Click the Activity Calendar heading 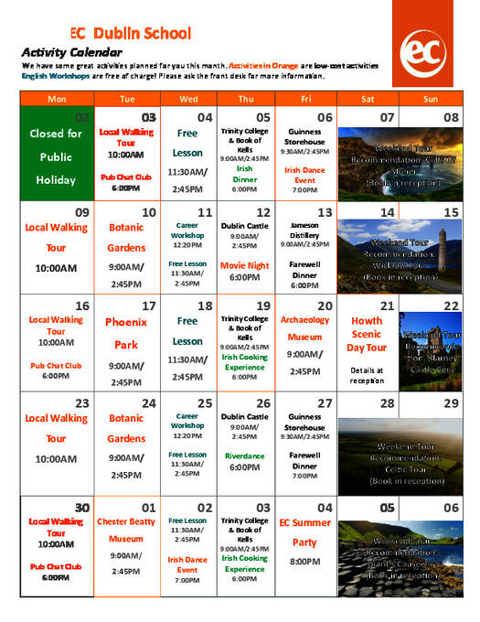(67, 52)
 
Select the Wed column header (188, 98)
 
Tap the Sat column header (368, 98)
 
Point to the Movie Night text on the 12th (245, 266)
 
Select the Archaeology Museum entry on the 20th (305, 328)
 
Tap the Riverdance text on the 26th (245, 455)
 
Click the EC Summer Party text (305, 532)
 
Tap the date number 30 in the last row (82, 508)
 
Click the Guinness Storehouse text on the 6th (305, 136)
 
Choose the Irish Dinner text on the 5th (245, 174)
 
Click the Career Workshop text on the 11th (187, 229)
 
